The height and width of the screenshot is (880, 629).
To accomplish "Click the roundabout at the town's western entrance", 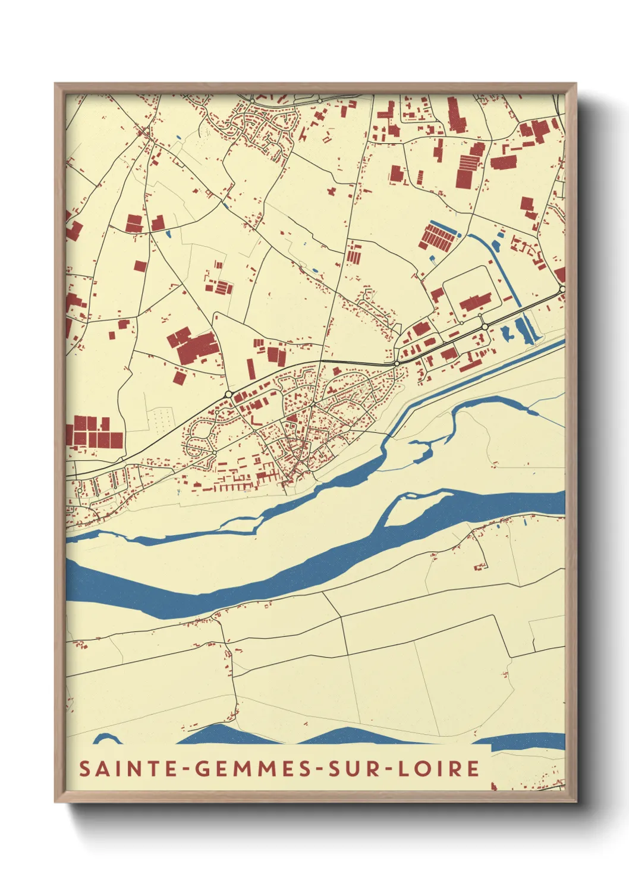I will click(228, 394).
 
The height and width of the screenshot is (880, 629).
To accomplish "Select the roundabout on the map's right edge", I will click(562, 290).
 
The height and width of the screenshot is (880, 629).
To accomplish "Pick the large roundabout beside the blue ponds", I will click(485, 327).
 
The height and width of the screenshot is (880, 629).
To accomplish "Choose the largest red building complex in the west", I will click(193, 344).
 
